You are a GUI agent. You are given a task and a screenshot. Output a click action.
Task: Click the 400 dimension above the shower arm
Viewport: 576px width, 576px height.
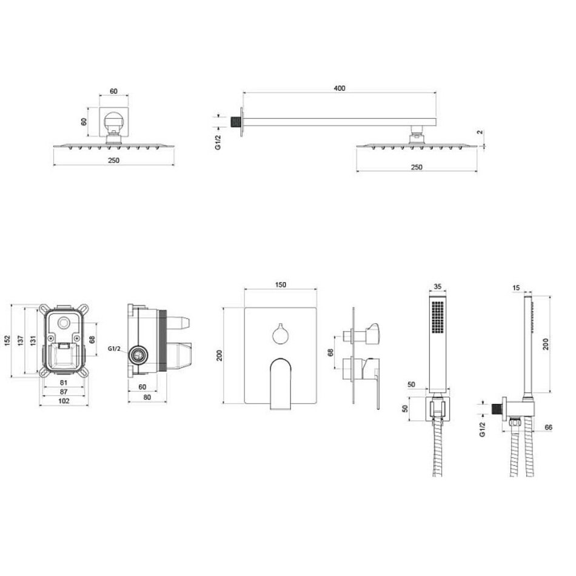coord(340,88)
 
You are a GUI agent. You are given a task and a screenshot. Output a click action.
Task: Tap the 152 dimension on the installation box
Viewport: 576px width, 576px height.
coord(7,341)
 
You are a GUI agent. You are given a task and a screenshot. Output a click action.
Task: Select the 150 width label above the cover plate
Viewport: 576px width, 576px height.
coord(280,285)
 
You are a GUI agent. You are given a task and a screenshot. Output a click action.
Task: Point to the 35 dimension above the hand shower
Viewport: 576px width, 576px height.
coord(438,287)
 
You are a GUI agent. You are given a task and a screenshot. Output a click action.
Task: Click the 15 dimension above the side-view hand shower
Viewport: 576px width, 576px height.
coord(516,287)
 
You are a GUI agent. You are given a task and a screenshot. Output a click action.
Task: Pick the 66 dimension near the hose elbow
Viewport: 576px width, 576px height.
coord(548,427)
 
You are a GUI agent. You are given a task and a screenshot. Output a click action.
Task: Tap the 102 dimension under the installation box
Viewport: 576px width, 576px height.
coord(64,401)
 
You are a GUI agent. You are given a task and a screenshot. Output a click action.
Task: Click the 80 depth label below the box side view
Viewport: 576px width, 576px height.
coord(147,397)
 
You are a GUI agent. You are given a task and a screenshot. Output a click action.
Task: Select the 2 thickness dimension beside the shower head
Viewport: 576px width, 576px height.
coord(480,132)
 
